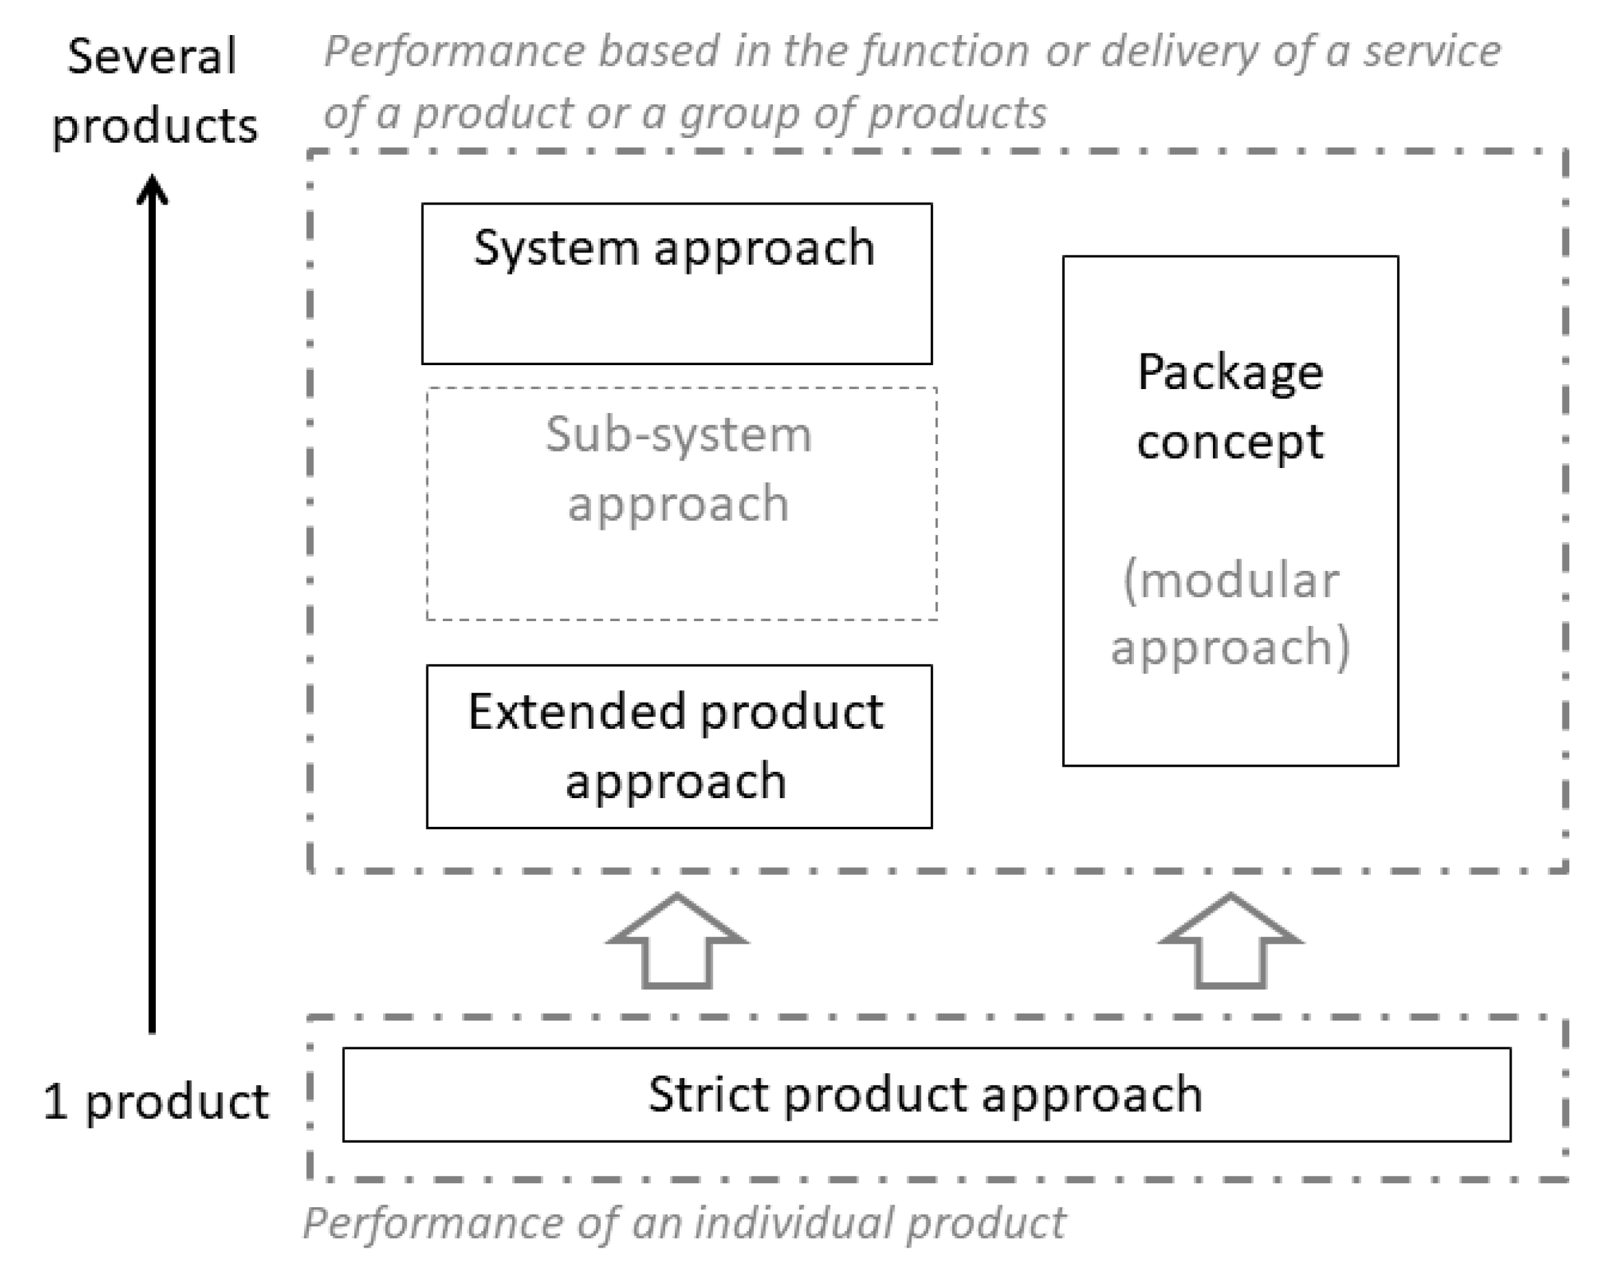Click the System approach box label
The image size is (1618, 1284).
click(674, 248)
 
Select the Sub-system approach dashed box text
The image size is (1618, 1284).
click(678, 468)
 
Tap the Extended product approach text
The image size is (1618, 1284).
click(676, 746)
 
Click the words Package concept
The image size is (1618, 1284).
click(1229, 406)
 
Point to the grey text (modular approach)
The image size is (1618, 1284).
click(1230, 613)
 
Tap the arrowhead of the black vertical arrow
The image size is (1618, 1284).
click(152, 190)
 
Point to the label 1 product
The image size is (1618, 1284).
click(155, 1101)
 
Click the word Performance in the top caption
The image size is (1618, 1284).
click(454, 53)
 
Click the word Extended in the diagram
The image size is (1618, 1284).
click(577, 712)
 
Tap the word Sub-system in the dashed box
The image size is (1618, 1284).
click(678, 434)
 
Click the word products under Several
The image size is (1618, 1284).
click(154, 126)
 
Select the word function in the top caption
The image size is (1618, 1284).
click(944, 53)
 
